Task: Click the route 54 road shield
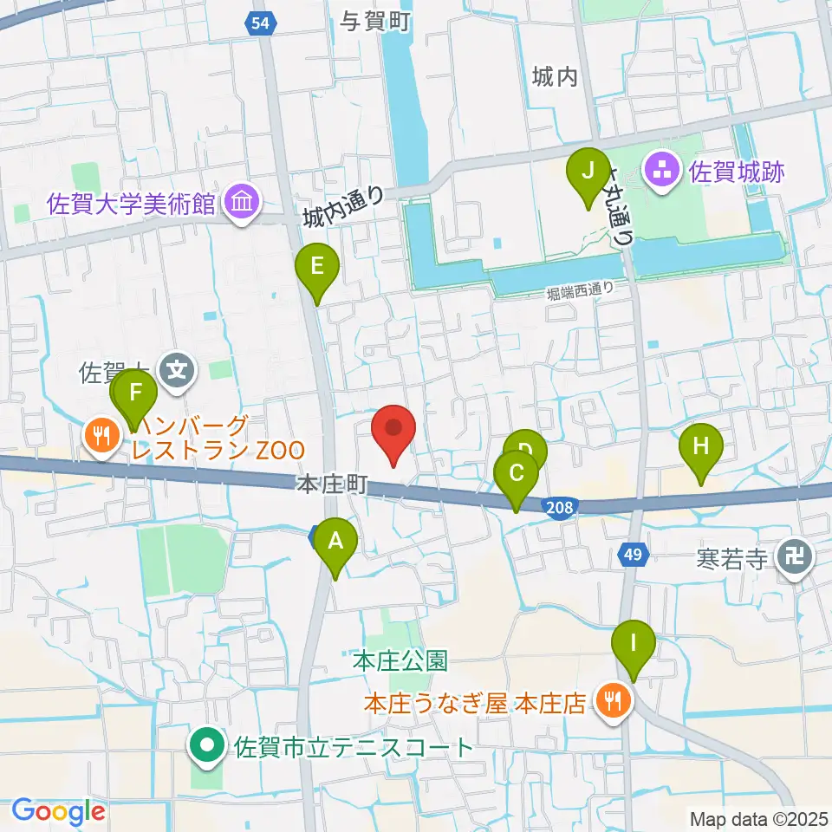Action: point(261,23)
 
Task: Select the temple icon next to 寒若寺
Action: point(793,556)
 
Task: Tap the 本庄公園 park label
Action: point(400,661)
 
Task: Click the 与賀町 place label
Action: point(375,22)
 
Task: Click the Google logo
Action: point(58,812)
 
